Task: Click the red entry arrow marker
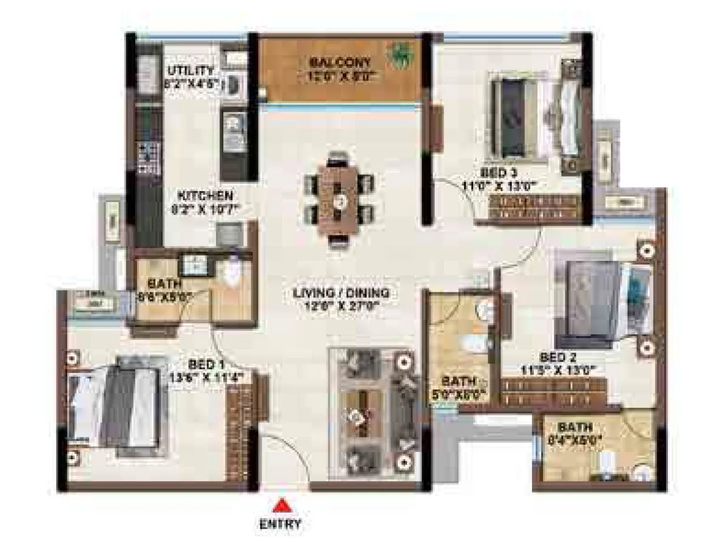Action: pyautogui.click(x=280, y=504)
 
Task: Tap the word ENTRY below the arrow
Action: pyautogui.click(x=280, y=524)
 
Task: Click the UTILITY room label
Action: pyautogui.click(x=190, y=70)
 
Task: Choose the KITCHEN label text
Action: pyautogui.click(x=205, y=197)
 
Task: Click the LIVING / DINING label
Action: pyautogui.click(x=340, y=293)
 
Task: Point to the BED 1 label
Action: pyautogui.click(x=206, y=365)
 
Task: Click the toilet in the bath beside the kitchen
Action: pyautogui.click(x=232, y=271)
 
